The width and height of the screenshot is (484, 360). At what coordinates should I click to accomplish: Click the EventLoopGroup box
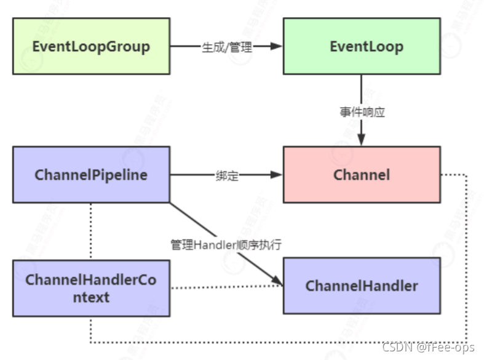[x=91, y=46]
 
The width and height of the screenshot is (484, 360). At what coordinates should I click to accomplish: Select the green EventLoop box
[x=362, y=46]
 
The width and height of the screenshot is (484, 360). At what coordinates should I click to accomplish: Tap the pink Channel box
[x=362, y=174]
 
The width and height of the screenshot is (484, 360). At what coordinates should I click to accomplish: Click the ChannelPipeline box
[x=91, y=174]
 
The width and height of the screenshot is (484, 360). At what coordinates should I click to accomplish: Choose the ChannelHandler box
[x=362, y=286]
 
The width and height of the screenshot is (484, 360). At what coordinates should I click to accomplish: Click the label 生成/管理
[x=227, y=47]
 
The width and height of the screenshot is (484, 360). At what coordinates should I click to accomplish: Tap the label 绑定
[x=227, y=175]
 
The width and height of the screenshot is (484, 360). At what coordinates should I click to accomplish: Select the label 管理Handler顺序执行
[x=226, y=244]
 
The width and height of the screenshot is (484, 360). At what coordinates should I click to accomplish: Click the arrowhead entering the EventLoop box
[x=277, y=46]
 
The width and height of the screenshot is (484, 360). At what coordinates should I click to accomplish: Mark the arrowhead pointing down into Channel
[x=362, y=141]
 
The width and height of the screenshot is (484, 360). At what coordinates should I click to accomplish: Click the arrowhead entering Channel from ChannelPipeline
[x=277, y=175]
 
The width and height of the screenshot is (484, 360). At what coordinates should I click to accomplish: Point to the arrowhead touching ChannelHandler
[x=279, y=282]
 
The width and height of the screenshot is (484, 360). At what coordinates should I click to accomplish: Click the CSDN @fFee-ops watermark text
[x=428, y=347]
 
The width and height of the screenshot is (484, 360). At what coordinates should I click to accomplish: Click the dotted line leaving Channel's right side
[x=466, y=258]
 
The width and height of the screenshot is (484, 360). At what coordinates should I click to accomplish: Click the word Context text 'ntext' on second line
[x=90, y=297]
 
